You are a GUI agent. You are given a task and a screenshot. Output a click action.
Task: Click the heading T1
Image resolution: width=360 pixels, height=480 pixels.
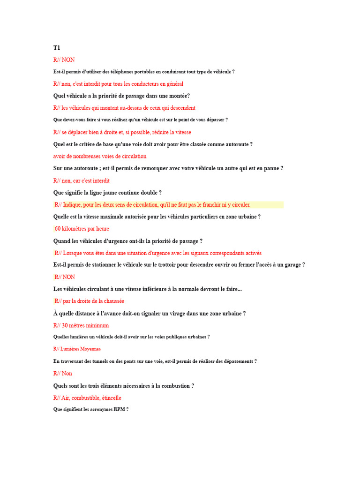point(57,48)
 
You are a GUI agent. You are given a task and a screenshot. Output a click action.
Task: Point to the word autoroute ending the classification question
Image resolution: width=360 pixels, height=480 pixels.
point(236,144)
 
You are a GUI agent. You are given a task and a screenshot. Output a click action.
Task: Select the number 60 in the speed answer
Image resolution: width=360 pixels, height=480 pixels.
point(58,229)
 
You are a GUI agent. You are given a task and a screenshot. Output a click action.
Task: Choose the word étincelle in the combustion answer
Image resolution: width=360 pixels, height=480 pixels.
point(111,398)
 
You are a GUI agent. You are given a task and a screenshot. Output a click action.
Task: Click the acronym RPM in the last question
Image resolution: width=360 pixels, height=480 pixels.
point(119,410)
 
